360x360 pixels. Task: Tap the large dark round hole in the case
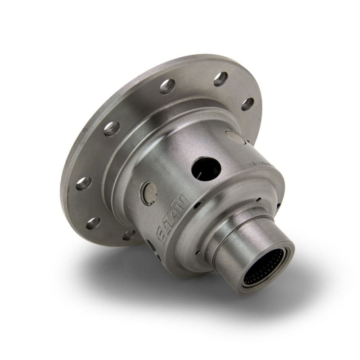pyautogui.click(x=206, y=169)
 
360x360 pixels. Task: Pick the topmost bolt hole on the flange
pyautogui.click(x=220, y=79)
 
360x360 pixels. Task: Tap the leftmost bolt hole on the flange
pyautogui.click(x=83, y=183)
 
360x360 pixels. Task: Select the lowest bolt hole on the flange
pyautogui.click(x=129, y=234)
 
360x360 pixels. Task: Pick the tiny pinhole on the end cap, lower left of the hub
pyautogui.click(x=196, y=254)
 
